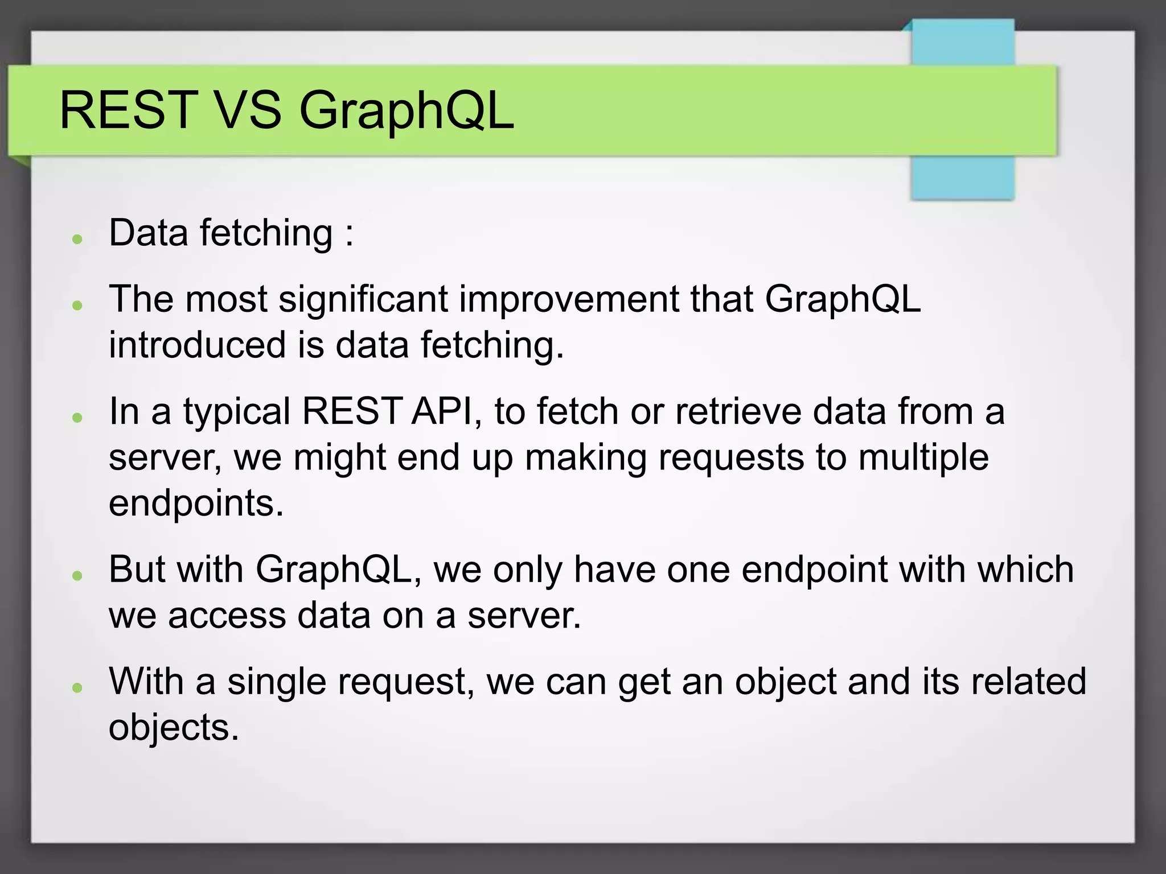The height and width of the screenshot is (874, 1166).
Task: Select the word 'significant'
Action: click(363, 299)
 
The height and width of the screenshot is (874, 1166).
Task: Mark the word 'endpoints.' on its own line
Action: click(196, 504)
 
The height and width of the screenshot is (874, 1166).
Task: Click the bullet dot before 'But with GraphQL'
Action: click(78, 575)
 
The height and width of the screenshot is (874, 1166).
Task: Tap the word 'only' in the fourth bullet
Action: click(527, 570)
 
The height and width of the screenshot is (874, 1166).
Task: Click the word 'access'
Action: click(227, 616)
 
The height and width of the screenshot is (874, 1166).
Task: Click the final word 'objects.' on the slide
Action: click(174, 728)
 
